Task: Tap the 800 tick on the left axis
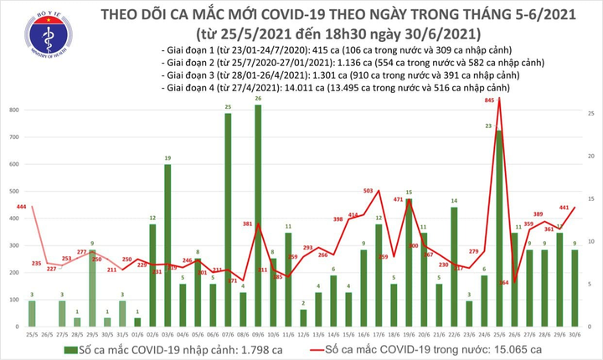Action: [16, 111]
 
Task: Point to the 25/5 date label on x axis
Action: [32, 332]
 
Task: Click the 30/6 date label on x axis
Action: [575, 332]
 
